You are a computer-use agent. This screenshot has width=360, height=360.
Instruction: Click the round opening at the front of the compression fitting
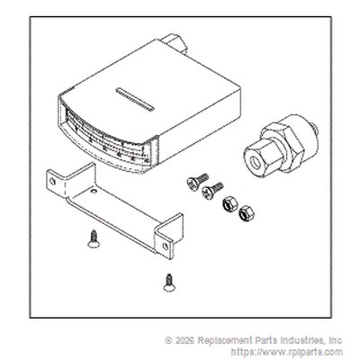256,162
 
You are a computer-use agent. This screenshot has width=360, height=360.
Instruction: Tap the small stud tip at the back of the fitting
316,130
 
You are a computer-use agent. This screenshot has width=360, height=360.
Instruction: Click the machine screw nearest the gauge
197,181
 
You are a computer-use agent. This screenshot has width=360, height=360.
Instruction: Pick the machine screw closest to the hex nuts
212,190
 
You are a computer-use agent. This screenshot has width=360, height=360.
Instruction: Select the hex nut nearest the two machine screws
229,204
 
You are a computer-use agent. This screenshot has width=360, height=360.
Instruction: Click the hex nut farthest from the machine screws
247,212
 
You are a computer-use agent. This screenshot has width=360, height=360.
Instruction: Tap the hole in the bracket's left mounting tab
52,181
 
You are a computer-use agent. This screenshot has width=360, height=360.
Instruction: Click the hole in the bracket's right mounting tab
166,247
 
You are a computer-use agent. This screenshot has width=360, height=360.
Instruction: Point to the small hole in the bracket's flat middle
94,191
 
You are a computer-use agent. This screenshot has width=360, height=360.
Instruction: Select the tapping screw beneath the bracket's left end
94,239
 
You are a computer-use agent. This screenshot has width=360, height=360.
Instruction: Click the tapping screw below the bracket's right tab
169,283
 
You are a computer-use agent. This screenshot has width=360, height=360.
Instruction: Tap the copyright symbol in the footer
168,340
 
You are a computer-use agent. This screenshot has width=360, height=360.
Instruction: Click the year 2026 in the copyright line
184,340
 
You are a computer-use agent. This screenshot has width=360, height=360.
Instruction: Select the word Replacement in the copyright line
223,340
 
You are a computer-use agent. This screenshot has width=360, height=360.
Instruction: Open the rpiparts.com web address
286,352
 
